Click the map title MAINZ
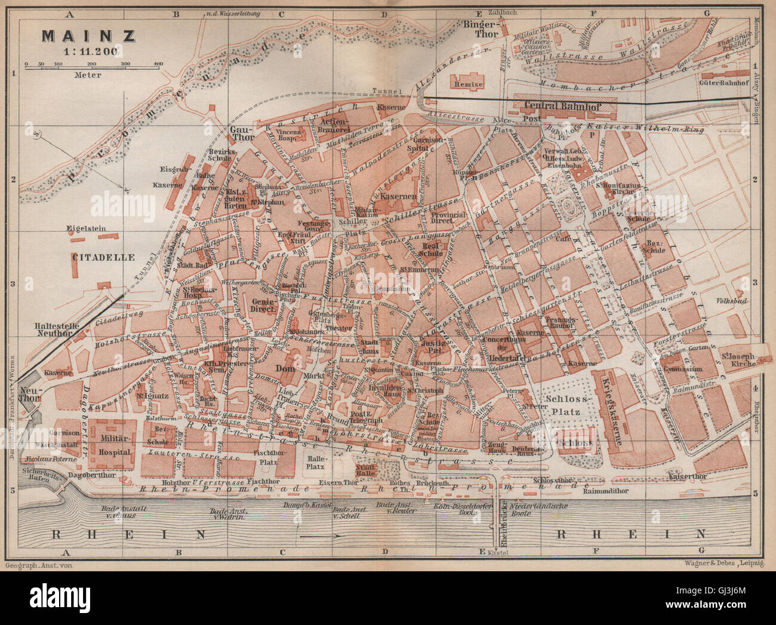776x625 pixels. pos(88,36)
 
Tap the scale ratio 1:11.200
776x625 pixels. pos(88,51)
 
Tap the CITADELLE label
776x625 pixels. pos(103,258)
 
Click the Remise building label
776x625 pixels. pos(469,85)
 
